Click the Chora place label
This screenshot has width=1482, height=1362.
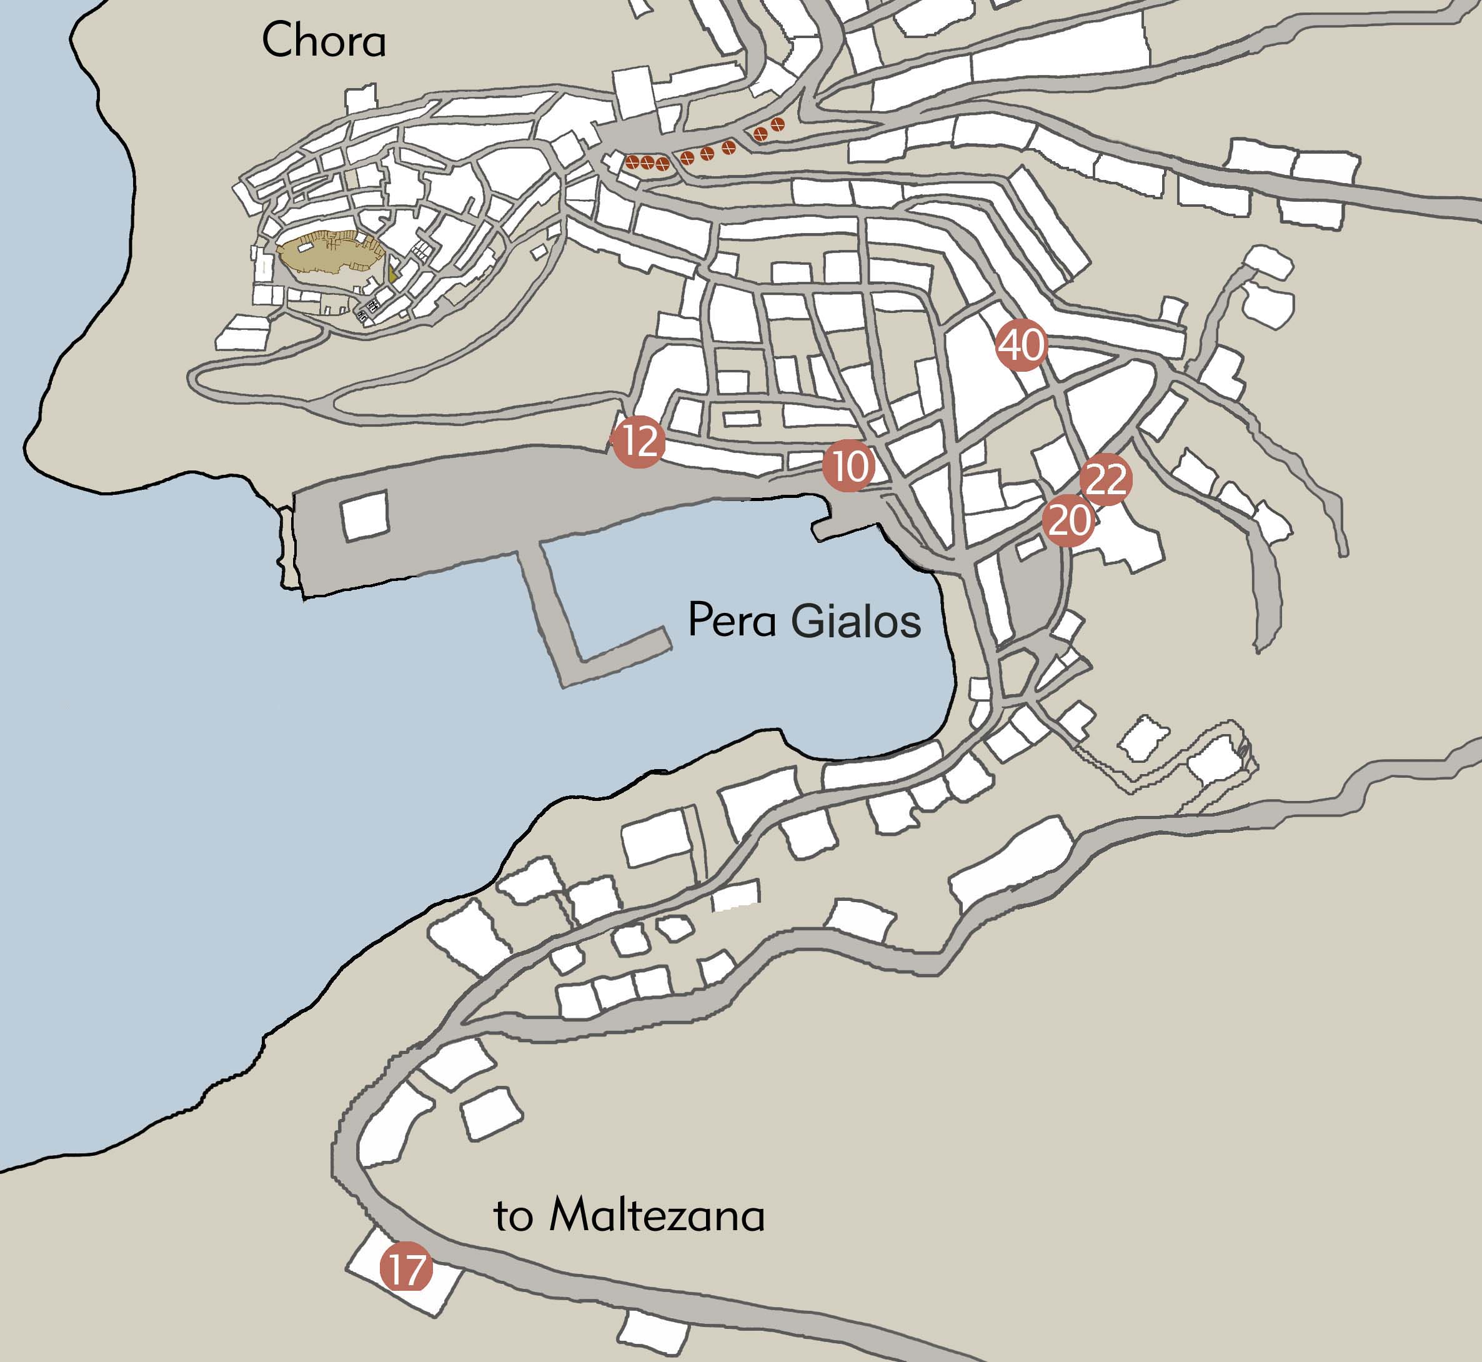(324, 41)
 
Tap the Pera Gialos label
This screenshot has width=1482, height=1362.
(803, 620)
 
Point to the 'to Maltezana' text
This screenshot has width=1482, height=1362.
(629, 1215)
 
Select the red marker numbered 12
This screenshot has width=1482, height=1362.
(639, 440)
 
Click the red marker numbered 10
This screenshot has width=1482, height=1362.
(849, 466)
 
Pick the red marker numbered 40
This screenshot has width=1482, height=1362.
(1021, 344)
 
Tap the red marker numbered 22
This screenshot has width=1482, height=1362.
(1105, 480)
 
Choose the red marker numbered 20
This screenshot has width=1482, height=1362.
(1068, 521)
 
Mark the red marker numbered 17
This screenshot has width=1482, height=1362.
(406, 1266)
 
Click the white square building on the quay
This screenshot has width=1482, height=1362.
(365, 516)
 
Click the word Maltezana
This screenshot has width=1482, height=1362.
(657, 1215)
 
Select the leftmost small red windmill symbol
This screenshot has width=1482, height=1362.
(632, 162)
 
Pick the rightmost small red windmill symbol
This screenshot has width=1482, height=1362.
(777, 124)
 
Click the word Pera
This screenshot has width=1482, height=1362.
(731, 620)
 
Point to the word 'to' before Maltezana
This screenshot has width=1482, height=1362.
(512, 1218)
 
